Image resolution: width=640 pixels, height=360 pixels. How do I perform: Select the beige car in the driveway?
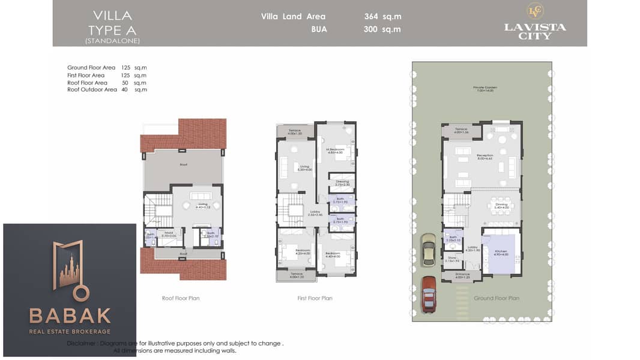427,249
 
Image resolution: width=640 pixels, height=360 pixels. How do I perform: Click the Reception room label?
485,155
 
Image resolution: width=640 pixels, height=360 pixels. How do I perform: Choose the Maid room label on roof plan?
169,233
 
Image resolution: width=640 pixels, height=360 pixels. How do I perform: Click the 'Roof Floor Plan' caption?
181,298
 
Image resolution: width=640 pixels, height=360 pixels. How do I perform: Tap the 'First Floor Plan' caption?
315,298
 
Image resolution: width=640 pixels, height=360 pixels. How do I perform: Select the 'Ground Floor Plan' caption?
497,298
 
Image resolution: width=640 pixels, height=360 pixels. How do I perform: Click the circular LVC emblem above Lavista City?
535,11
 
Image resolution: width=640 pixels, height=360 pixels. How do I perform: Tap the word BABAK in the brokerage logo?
70,316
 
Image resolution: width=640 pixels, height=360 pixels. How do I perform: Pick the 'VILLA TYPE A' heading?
112,22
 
